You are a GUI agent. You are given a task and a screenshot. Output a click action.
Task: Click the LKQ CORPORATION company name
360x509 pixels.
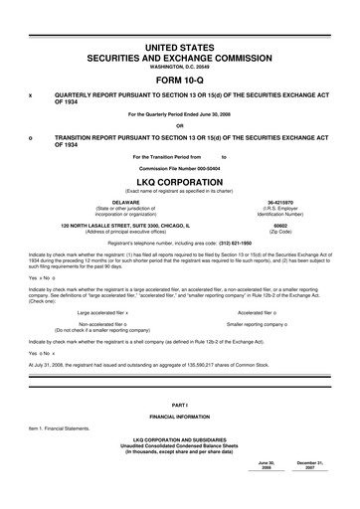coord(180,183)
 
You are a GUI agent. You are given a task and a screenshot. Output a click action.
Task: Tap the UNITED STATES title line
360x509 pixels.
coord(180,48)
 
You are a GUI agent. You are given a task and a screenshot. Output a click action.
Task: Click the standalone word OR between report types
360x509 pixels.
coord(180,124)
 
